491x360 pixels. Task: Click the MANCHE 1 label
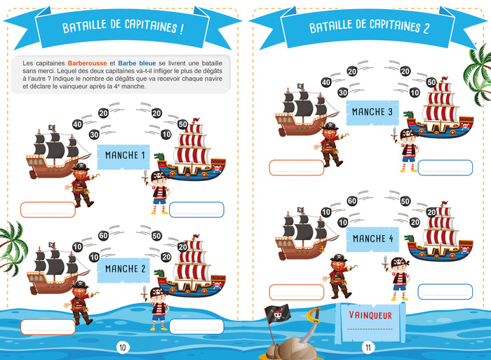[125, 155]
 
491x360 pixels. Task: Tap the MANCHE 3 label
[372, 112]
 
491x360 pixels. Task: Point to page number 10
[122, 347]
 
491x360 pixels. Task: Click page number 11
[367, 347]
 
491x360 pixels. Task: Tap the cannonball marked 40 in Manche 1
[77, 124]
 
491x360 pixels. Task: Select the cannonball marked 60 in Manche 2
[103, 236]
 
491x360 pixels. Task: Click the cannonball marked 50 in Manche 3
[431, 82]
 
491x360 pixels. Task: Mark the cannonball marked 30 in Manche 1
[94, 134]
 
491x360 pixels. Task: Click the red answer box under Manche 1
[48, 209]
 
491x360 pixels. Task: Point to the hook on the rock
[312, 319]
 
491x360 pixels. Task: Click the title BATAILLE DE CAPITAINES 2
[370, 27]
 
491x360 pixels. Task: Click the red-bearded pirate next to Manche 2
[81, 303]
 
